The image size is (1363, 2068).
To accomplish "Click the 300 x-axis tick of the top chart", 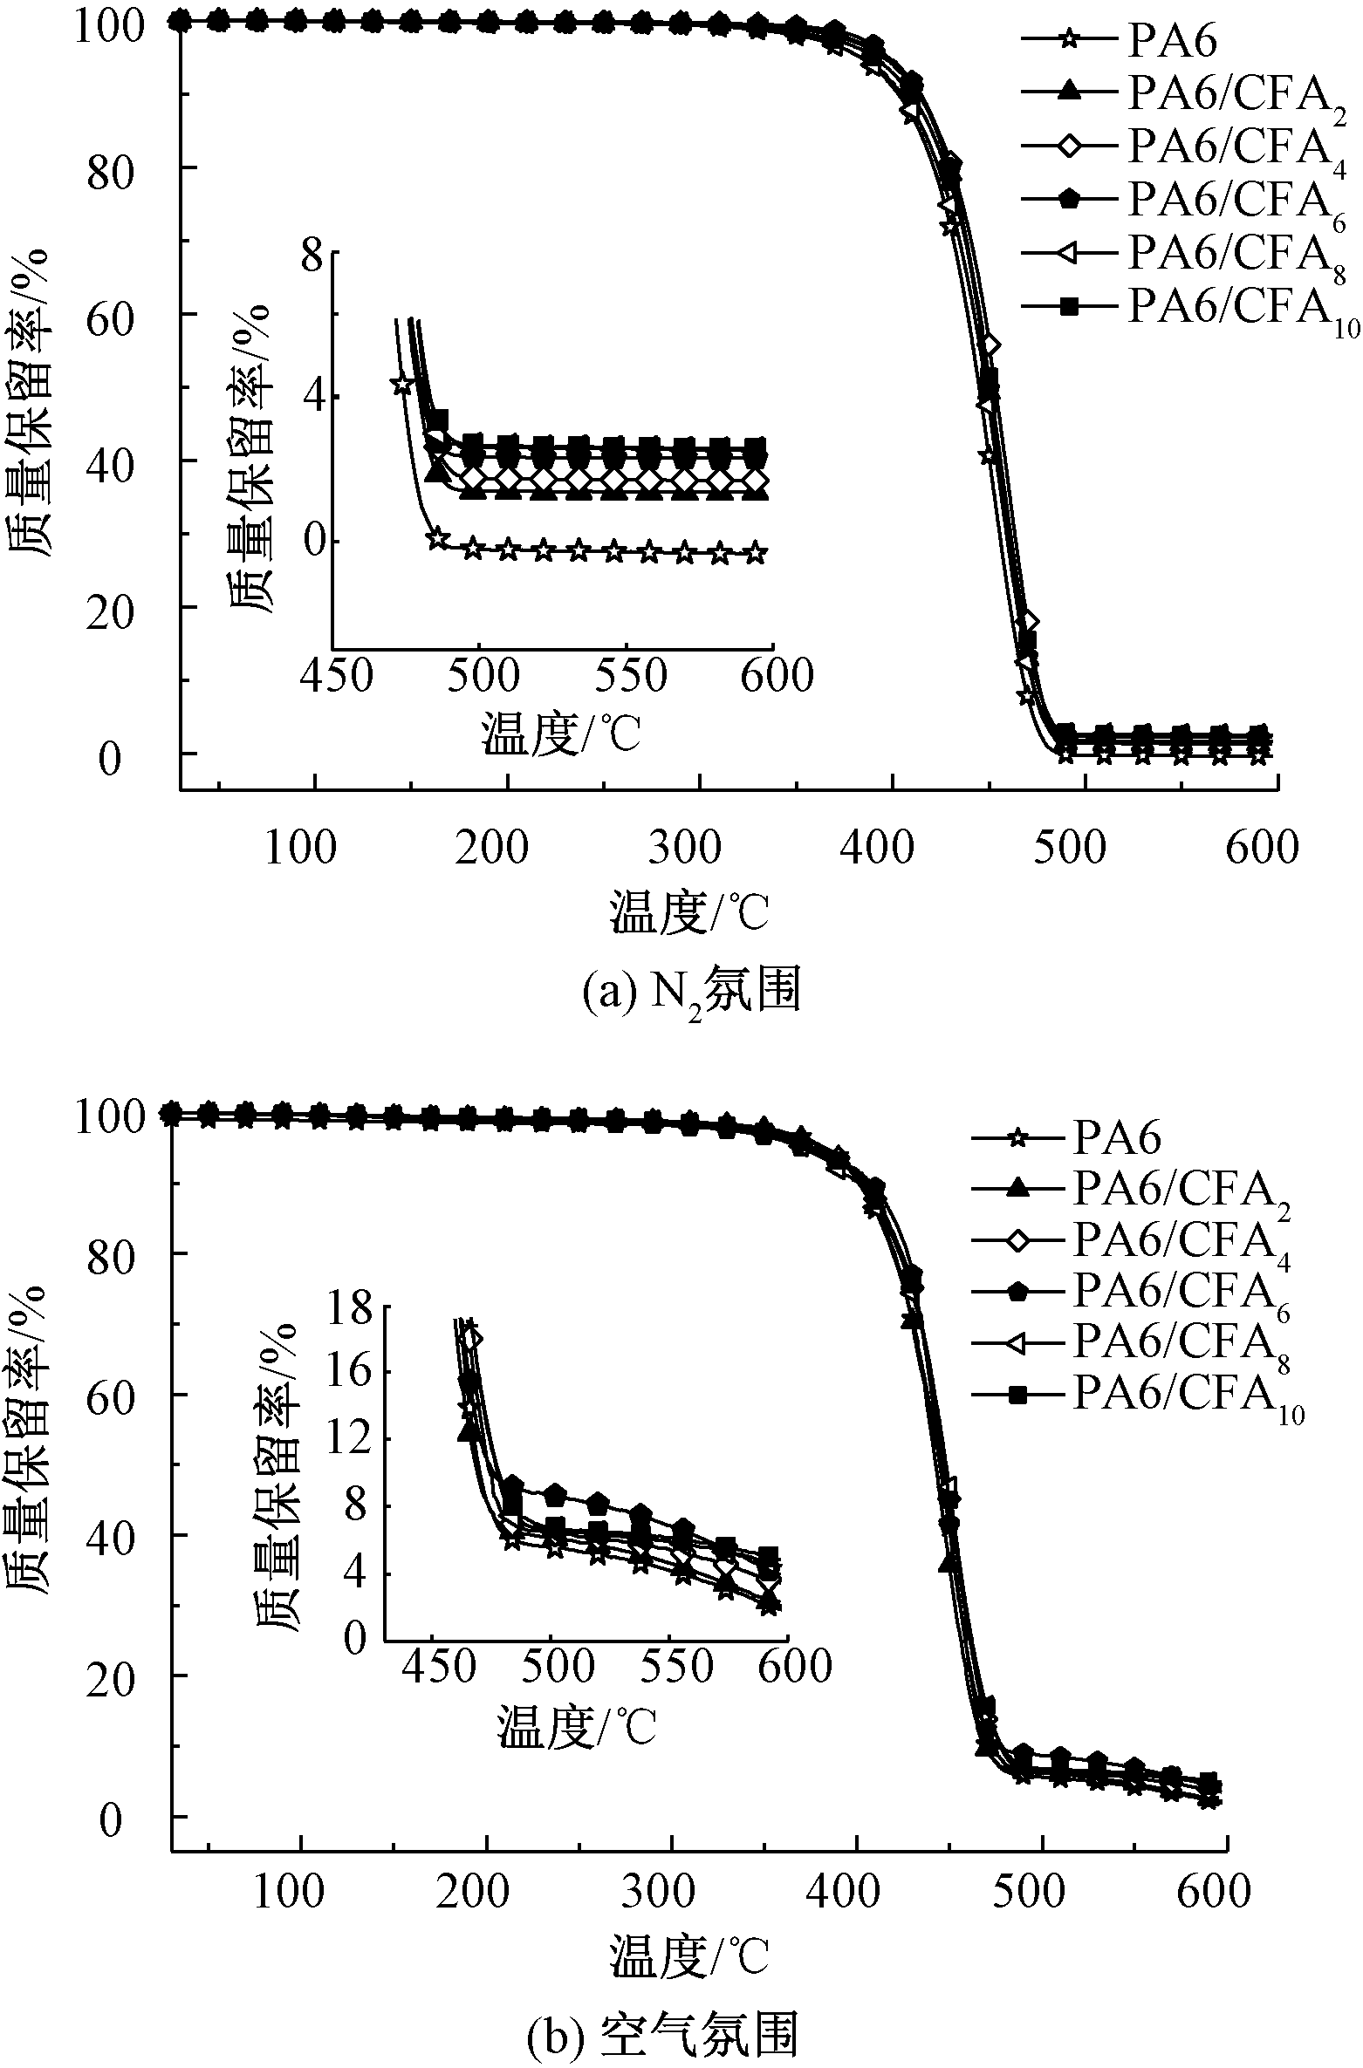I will pos(686,848).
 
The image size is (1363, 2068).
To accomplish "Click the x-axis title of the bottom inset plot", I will pos(576,1727).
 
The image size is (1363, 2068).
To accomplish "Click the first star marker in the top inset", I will pos(401,385).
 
